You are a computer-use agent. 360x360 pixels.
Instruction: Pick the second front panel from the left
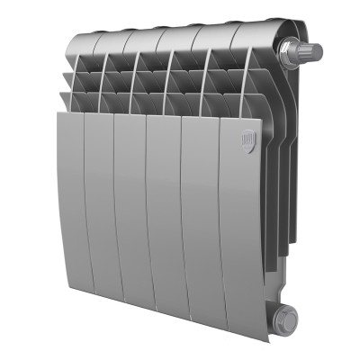click(102, 198)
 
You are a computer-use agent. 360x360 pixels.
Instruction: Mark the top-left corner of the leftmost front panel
click(58, 112)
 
